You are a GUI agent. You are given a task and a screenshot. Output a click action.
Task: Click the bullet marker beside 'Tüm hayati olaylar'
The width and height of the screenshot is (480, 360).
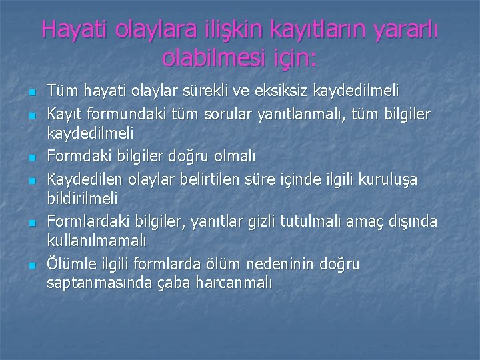(31, 91)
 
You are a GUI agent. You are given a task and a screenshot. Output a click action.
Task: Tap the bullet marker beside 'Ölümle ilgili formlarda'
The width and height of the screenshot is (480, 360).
(31, 265)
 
